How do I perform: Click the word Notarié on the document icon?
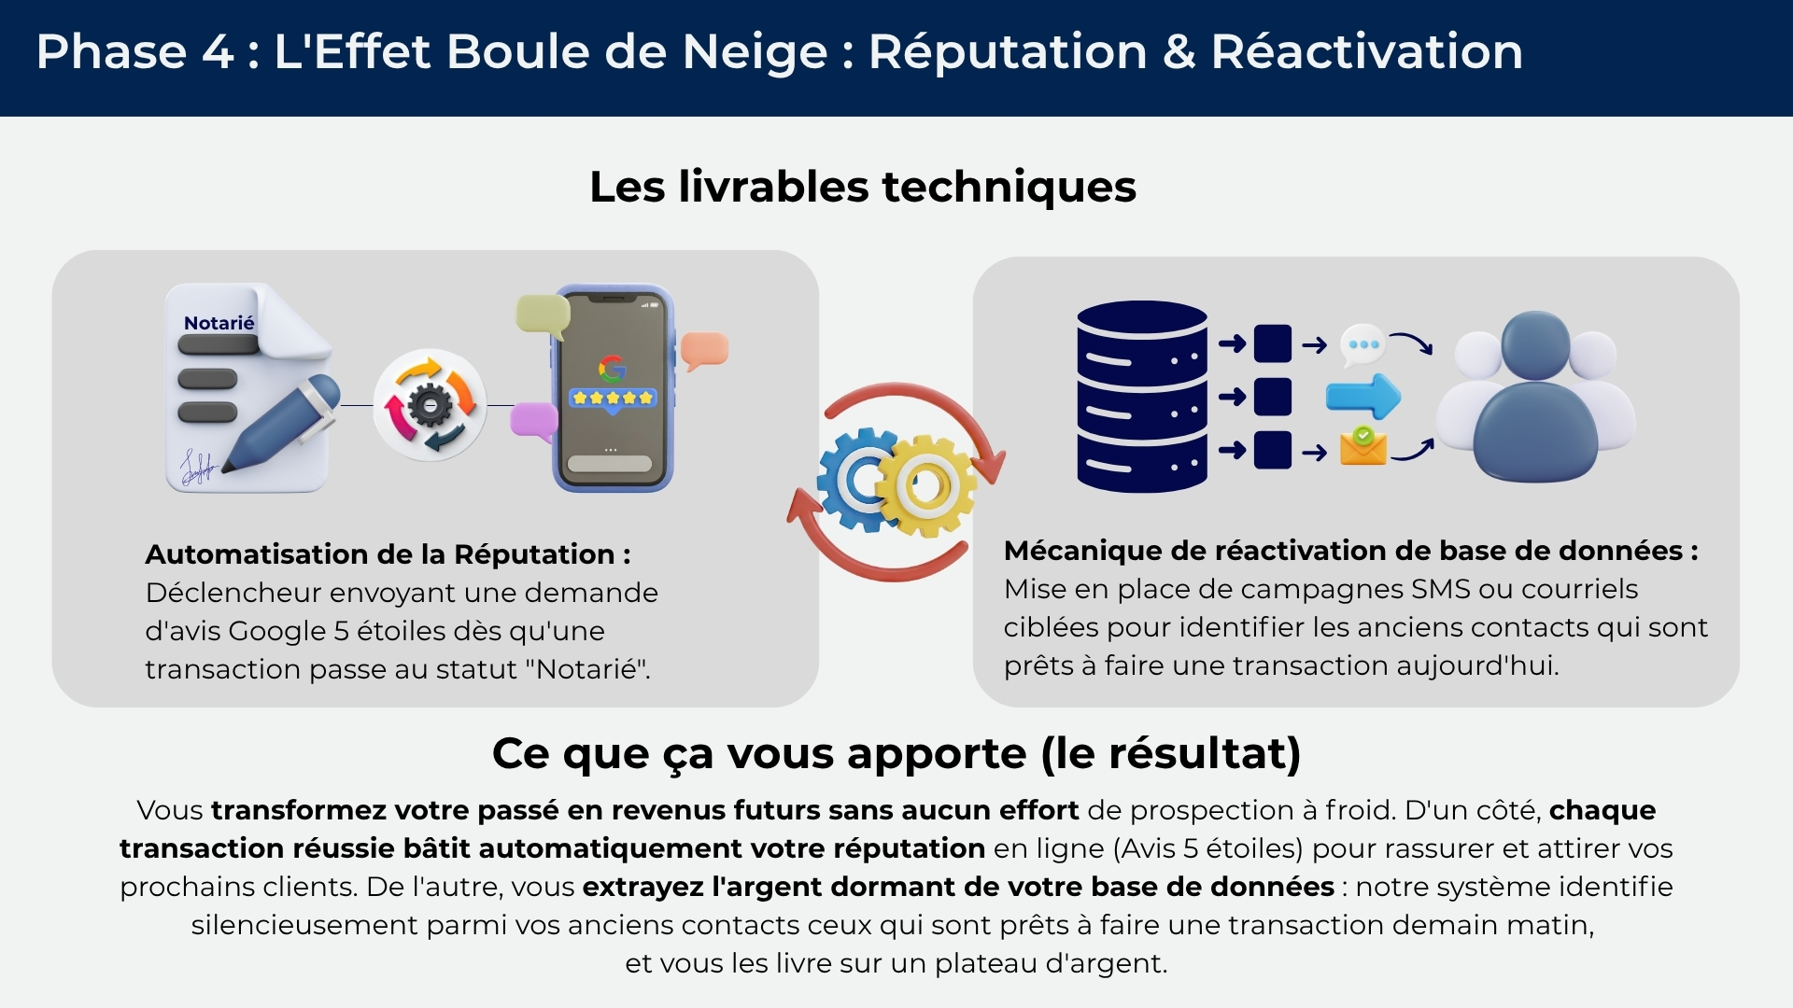pos(219,323)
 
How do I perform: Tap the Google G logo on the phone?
pos(612,370)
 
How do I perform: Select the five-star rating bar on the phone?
pos(613,399)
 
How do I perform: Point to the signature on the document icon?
pos(197,467)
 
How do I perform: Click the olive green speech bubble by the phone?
pos(543,315)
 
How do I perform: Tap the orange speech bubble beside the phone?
pos(704,350)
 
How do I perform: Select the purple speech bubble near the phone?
pos(533,420)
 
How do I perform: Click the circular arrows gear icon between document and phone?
pos(430,405)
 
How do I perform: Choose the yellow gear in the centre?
pos(927,486)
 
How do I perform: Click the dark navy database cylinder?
pos(1141,397)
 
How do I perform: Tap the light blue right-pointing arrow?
pos(1363,397)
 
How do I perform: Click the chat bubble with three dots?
pos(1362,345)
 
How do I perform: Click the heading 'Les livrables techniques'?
pos(863,187)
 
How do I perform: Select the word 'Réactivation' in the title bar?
pos(1366,51)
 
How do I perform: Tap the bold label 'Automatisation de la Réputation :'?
pos(388,554)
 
